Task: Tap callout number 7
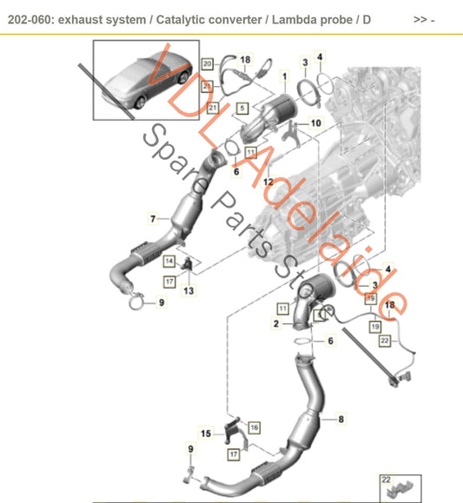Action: (153, 218)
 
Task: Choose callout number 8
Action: (341, 420)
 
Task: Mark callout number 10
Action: (315, 123)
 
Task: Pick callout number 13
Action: (188, 289)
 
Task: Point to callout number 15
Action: (207, 434)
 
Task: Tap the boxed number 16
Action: (254, 427)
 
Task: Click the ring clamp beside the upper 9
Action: (135, 303)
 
